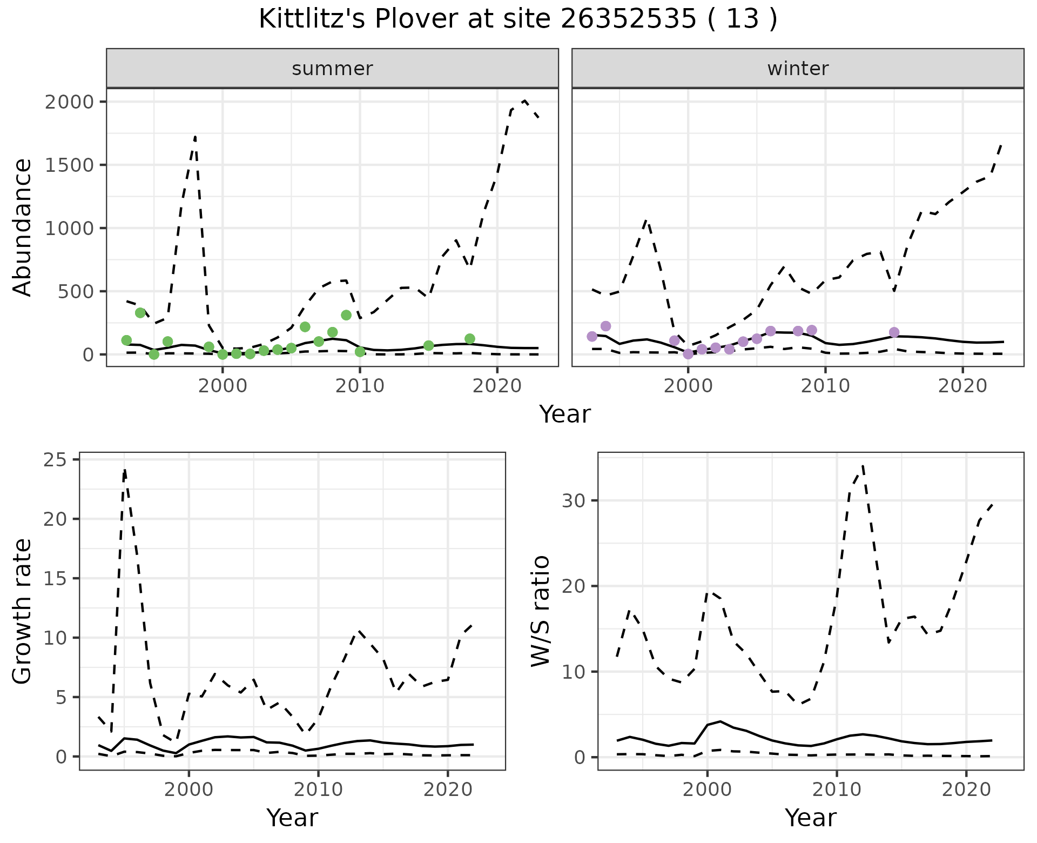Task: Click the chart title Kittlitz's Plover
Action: tap(518, 19)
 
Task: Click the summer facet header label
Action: tap(332, 69)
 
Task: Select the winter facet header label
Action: tap(798, 69)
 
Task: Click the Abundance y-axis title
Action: tap(23, 227)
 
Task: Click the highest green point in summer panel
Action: tap(140, 313)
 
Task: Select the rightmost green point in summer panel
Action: tap(470, 339)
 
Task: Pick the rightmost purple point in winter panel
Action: tap(894, 332)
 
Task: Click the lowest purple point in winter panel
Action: tap(688, 354)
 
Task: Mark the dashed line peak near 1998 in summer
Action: tap(195, 136)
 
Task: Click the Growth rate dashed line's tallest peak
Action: tap(125, 470)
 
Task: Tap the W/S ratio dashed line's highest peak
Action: tap(863, 465)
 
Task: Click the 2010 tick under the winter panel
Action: tap(825, 386)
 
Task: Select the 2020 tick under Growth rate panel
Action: tap(448, 790)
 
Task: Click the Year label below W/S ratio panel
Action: tap(810, 818)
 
